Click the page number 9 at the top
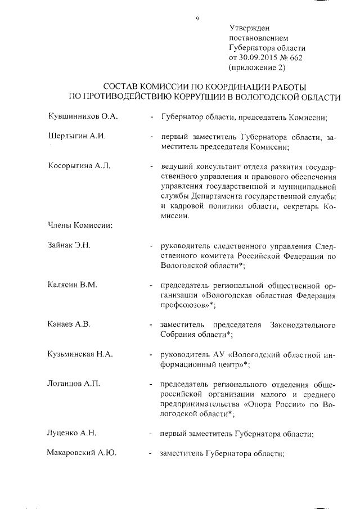click(x=197, y=19)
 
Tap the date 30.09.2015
click(x=260, y=58)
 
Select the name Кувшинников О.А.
click(x=81, y=117)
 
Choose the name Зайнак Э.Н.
click(x=70, y=245)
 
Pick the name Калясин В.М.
click(x=73, y=285)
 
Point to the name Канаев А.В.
click(x=70, y=325)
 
